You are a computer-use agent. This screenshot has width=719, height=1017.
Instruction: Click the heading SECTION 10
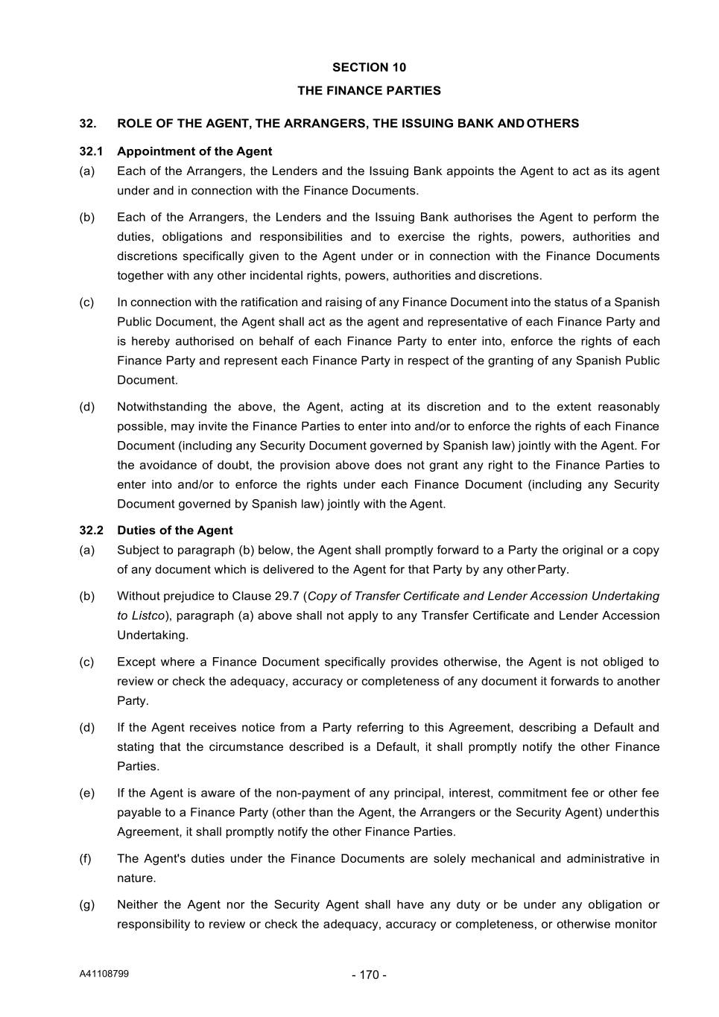click(369, 67)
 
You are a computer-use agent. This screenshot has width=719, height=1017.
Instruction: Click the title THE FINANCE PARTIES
click(369, 91)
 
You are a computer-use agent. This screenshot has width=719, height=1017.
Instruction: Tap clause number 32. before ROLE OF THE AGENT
click(88, 124)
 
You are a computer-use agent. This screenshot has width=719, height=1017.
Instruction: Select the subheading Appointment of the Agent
click(194, 151)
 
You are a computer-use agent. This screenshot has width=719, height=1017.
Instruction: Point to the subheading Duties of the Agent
click(174, 530)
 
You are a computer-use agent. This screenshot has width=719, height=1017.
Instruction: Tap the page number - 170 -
click(369, 975)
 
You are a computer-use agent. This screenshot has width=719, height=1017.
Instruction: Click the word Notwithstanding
click(160, 407)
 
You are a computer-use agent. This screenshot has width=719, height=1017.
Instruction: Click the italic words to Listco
click(141, 615)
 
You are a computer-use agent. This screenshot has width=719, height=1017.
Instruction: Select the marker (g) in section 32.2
click(87, 904)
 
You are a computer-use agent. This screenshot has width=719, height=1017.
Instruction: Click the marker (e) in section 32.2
click(87, 793)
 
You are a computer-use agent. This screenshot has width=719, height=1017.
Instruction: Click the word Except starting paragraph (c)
click(136, 662)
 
